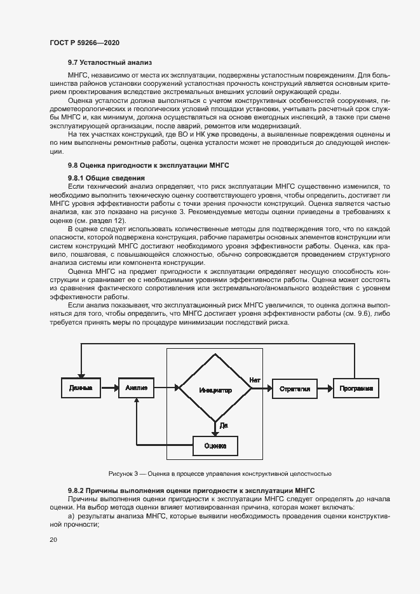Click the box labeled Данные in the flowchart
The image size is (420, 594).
(x=79, y=388)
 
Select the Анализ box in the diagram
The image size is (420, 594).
(x=136, y=388)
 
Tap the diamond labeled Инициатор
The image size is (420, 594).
(x=214, y=388)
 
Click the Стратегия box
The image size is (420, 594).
(x=295, y=388)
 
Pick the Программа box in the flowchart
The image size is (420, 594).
(x=355, y=388)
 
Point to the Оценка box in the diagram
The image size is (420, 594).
(x=215, y=446)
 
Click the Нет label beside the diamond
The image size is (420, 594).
(x=255, y=380)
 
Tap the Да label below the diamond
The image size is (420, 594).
(x=224, y=424)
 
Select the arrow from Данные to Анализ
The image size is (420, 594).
(x=109, y=388)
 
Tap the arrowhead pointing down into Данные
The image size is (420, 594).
(x=79, y=375)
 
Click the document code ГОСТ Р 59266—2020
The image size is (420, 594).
(x=85, y=43)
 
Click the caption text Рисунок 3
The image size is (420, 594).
(x=220, y=474)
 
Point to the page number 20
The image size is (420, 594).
(x=53, y=539)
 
